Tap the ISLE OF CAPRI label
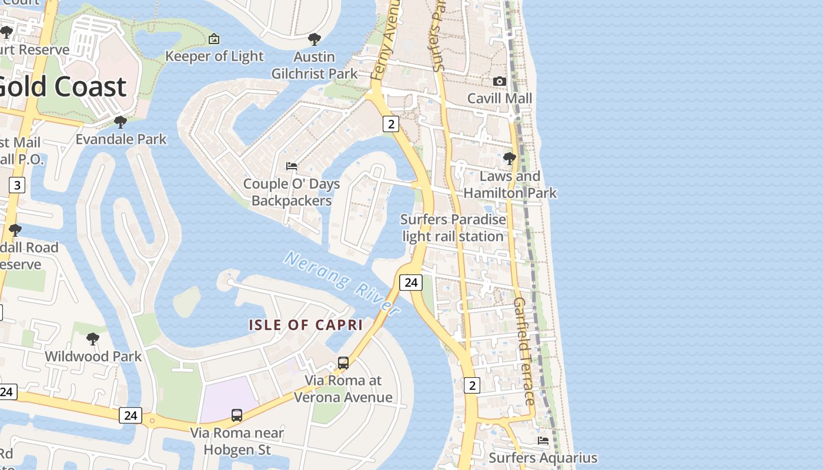(x=306, y=325)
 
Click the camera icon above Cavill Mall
(x=500, y=81)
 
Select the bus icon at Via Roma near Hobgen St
(x=237, y=415)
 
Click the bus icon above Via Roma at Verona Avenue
(x=343, y=363)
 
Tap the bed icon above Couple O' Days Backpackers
(x=292, y=166)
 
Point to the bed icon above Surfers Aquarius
(x=543, y=440)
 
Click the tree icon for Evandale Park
(x=121, y=122)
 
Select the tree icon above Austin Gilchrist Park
(x=315, y=39)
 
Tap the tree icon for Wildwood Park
(x=93, y=339)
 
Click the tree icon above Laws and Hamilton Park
(x=510, y=159)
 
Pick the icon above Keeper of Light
(x=215, y=39)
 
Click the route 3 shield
(x=17, y=186)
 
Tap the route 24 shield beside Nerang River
(x=411, y=283)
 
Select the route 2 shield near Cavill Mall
(x=391, y=123)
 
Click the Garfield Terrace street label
(x=524, y=351)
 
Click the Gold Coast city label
(x=62, y=87)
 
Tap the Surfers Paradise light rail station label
(x=453, y=228)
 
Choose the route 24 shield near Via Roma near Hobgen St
(x=131, y=415)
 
